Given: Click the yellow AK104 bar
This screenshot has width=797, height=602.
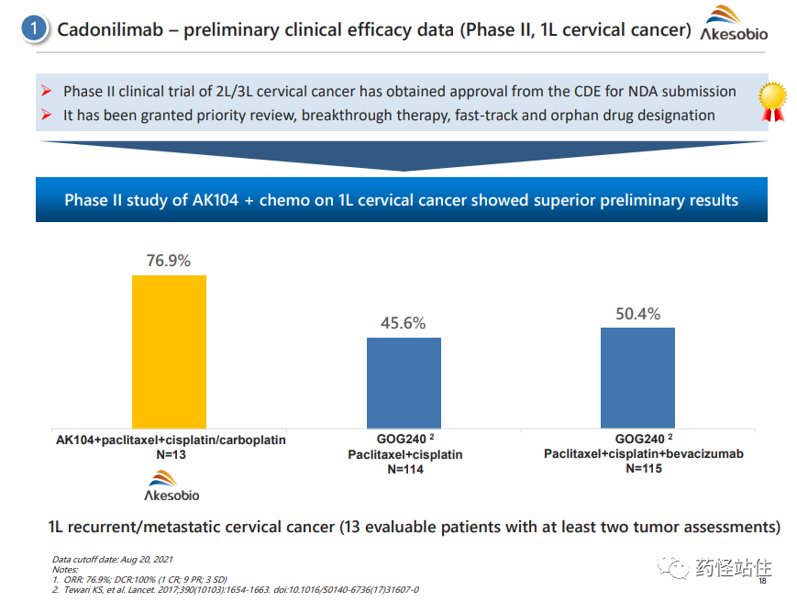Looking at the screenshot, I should [169, 351].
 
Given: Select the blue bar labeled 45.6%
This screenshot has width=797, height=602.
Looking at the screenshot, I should [404, 382].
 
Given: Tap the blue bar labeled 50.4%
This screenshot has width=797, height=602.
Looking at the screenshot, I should [637, 377].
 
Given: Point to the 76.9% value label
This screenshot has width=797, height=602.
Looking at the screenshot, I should [169, 261].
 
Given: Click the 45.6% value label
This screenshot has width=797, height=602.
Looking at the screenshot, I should [404, 323].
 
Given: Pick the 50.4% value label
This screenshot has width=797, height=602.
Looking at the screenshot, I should [637, 314].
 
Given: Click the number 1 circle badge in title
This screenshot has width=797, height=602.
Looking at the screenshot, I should [34, 29].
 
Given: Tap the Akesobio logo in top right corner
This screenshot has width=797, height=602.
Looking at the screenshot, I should [733, 26].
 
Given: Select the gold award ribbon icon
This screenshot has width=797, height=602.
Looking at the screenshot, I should [773, 100].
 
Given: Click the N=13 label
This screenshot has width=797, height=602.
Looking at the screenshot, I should [171, 454].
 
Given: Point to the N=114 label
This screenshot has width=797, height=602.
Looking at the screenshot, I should [404, 469].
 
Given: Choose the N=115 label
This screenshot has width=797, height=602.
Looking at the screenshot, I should [643, 468].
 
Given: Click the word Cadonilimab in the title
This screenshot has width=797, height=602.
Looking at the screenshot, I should [112, 29].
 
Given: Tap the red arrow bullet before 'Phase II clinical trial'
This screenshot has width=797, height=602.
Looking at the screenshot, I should [48, 92].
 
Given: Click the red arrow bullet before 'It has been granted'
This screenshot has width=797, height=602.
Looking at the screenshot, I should [48, 116].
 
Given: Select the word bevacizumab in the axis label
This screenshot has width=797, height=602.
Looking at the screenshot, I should [705, 453].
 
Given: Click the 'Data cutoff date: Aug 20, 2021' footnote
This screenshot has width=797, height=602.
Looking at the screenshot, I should [112, 559].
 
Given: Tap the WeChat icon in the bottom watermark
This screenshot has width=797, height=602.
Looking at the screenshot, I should [678, 569].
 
